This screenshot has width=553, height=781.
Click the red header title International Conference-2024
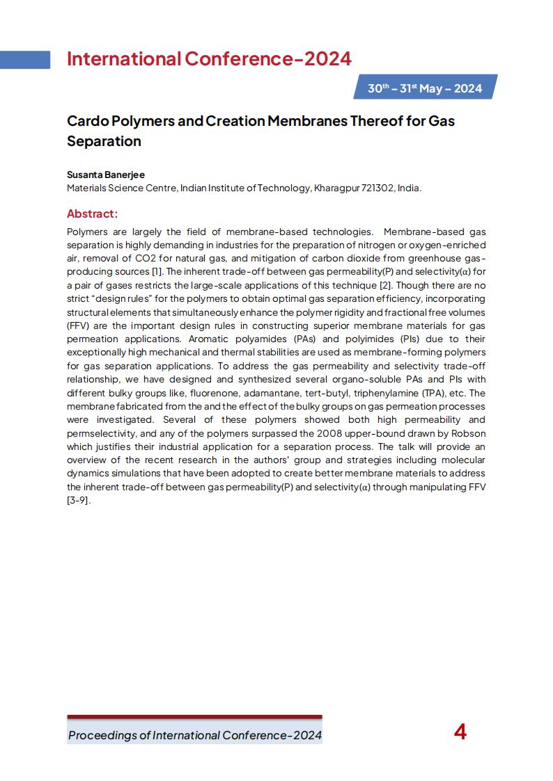click(209, 59)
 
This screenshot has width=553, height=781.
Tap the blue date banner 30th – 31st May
click(425, 88)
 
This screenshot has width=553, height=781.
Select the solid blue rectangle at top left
click(25, 60)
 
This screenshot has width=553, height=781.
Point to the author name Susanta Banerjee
click(106, 175)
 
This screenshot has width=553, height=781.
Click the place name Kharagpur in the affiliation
click(337, 188)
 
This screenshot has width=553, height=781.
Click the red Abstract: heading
click(92, 214)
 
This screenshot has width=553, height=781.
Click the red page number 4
click(460, 732)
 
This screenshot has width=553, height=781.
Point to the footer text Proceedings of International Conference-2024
click(195, 735)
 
